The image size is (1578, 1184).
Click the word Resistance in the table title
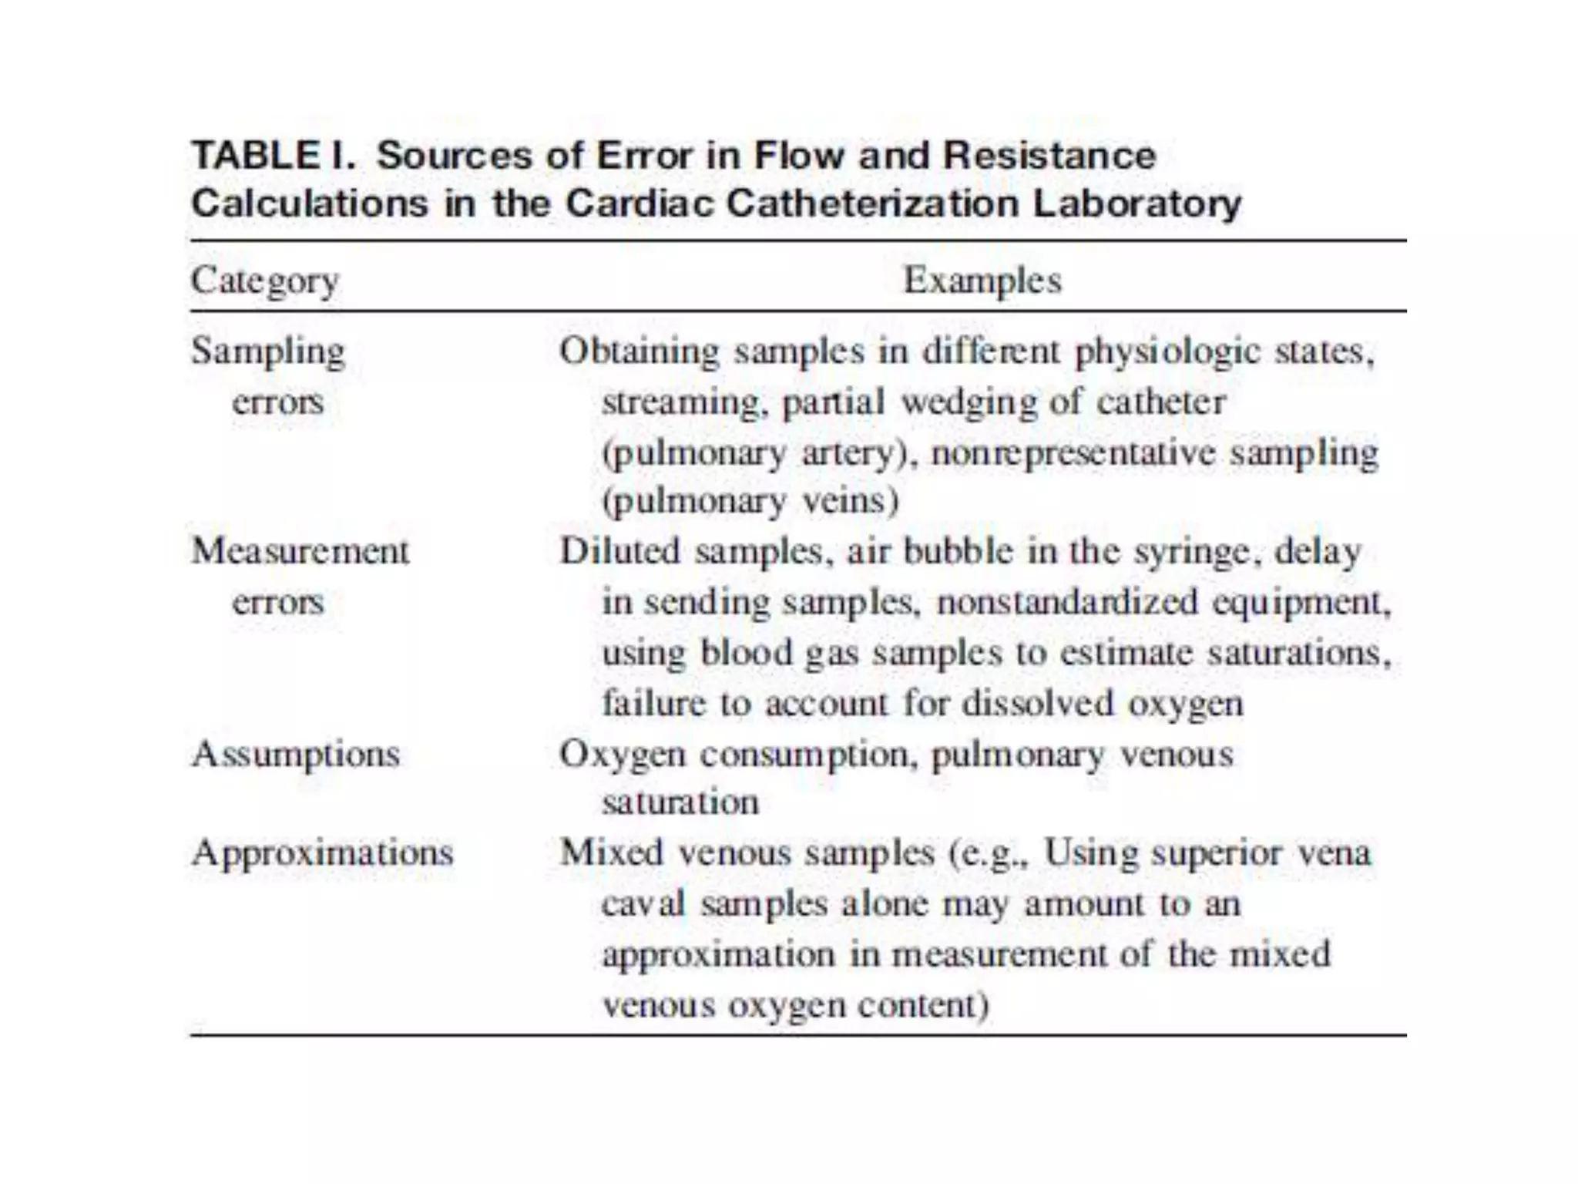[1049, 156]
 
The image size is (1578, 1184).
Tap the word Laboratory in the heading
[1136, 204]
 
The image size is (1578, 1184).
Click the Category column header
[264, 281]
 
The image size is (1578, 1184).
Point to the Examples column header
[982, 280]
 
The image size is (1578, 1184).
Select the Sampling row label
[267, 352]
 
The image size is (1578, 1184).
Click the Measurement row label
[300, 551]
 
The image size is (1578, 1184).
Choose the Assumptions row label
[296, 754]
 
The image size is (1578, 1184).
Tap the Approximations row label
[323, 853]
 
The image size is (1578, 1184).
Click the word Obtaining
[639, 352]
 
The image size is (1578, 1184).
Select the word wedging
[969, 402]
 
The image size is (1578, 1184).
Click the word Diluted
[619, 551]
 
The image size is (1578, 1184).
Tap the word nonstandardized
[1067, 602]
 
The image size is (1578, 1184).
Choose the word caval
[643, 903]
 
